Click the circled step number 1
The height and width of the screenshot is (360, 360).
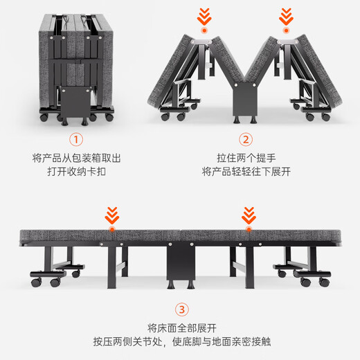point(76,139)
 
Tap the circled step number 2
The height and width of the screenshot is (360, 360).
point(246,139)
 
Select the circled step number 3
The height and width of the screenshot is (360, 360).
point(182,309)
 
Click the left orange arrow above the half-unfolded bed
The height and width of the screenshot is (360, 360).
point(204,17)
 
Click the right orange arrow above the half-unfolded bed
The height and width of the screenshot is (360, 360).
point(286,17)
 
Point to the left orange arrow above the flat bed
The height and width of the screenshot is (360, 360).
point(112,215)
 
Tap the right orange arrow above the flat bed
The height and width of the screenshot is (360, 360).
point(249,215)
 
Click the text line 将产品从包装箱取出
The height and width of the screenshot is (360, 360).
point(77,159)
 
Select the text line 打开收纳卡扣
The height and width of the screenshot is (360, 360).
point(77,172)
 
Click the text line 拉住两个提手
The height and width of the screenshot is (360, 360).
point(246,159)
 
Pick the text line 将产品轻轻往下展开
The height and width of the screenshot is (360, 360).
point(246,172)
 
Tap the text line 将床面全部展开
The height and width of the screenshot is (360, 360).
point(182,328)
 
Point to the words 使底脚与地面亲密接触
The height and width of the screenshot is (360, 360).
point(222,342)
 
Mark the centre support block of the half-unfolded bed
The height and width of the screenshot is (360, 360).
point(245,99)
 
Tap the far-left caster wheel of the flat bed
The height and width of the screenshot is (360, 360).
point(36,282)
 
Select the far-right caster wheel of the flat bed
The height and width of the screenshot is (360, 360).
point(324,282)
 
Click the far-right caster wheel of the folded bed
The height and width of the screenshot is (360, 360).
point(109,118)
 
